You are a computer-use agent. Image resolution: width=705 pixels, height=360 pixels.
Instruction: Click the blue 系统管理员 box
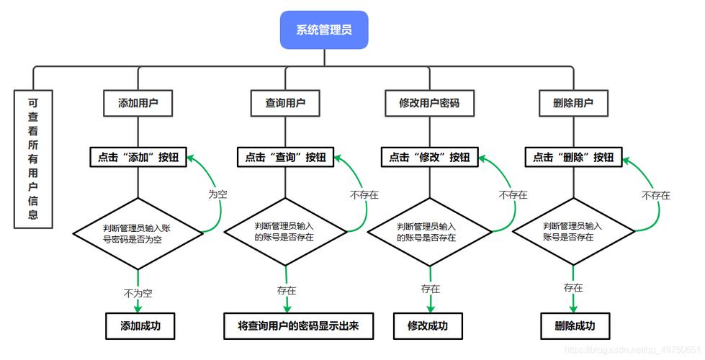323,30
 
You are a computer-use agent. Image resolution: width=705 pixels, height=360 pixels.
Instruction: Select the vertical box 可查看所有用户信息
33,158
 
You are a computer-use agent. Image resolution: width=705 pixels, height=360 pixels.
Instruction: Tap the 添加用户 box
138,103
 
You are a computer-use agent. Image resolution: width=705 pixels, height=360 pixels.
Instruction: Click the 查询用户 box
285,103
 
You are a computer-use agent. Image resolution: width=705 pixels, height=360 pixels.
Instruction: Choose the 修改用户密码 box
429,103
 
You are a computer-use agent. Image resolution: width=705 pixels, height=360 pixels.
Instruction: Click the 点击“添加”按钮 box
138,158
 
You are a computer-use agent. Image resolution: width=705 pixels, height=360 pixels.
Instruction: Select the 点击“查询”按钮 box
285,158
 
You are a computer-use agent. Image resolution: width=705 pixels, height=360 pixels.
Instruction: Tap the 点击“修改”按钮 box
429,158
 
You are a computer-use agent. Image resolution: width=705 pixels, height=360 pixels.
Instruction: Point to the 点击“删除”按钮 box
573,158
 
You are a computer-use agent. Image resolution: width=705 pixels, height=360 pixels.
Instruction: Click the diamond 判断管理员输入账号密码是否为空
138,233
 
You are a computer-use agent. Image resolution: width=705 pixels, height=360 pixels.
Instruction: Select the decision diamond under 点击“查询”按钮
285,232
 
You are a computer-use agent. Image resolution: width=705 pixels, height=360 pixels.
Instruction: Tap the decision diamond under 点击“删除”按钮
573,232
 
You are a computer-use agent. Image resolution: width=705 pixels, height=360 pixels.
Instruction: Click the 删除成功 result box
575,325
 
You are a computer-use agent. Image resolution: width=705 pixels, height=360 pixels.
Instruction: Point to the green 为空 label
217,194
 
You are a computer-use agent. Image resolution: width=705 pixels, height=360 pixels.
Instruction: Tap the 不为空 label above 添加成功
138,293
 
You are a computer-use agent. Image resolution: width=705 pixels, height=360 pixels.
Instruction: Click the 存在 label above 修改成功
431,289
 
